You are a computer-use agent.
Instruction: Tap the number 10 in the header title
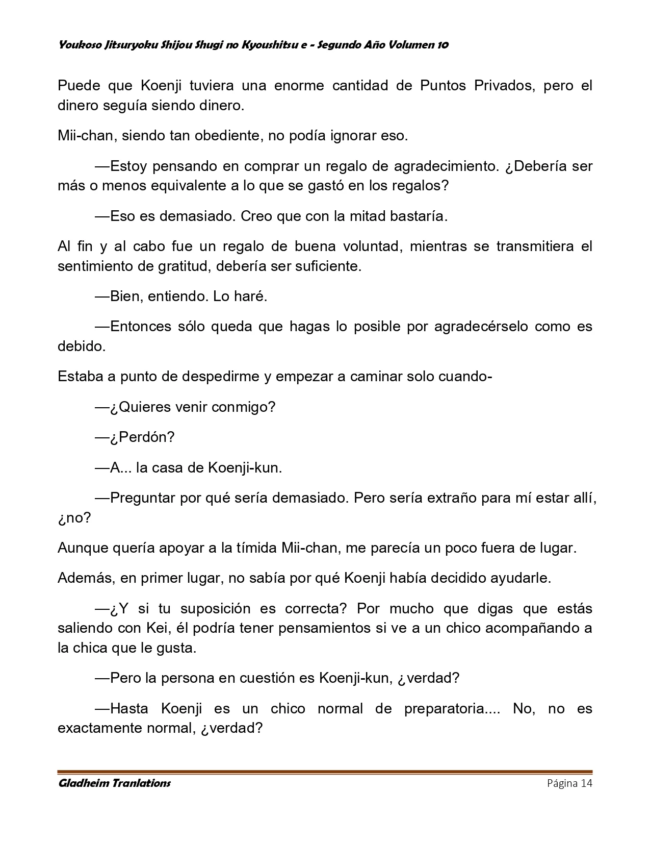coord(443,45)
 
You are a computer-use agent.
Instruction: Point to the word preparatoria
coord(445,709)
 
